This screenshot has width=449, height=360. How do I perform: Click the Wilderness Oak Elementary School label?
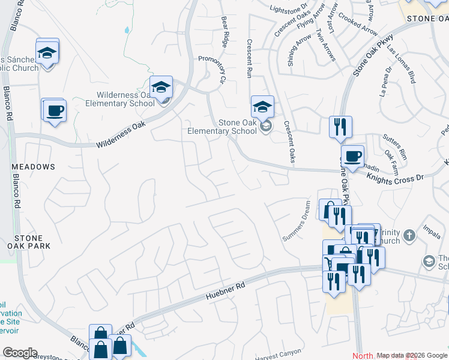tap(125, 99)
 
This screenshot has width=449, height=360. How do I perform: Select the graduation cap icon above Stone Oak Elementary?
tap(262, 107)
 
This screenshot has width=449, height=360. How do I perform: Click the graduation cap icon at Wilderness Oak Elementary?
tap(161, 88)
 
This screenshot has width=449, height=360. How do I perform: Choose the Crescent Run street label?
tap(249, 59)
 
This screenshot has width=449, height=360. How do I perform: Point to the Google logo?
tap(20, 353)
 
